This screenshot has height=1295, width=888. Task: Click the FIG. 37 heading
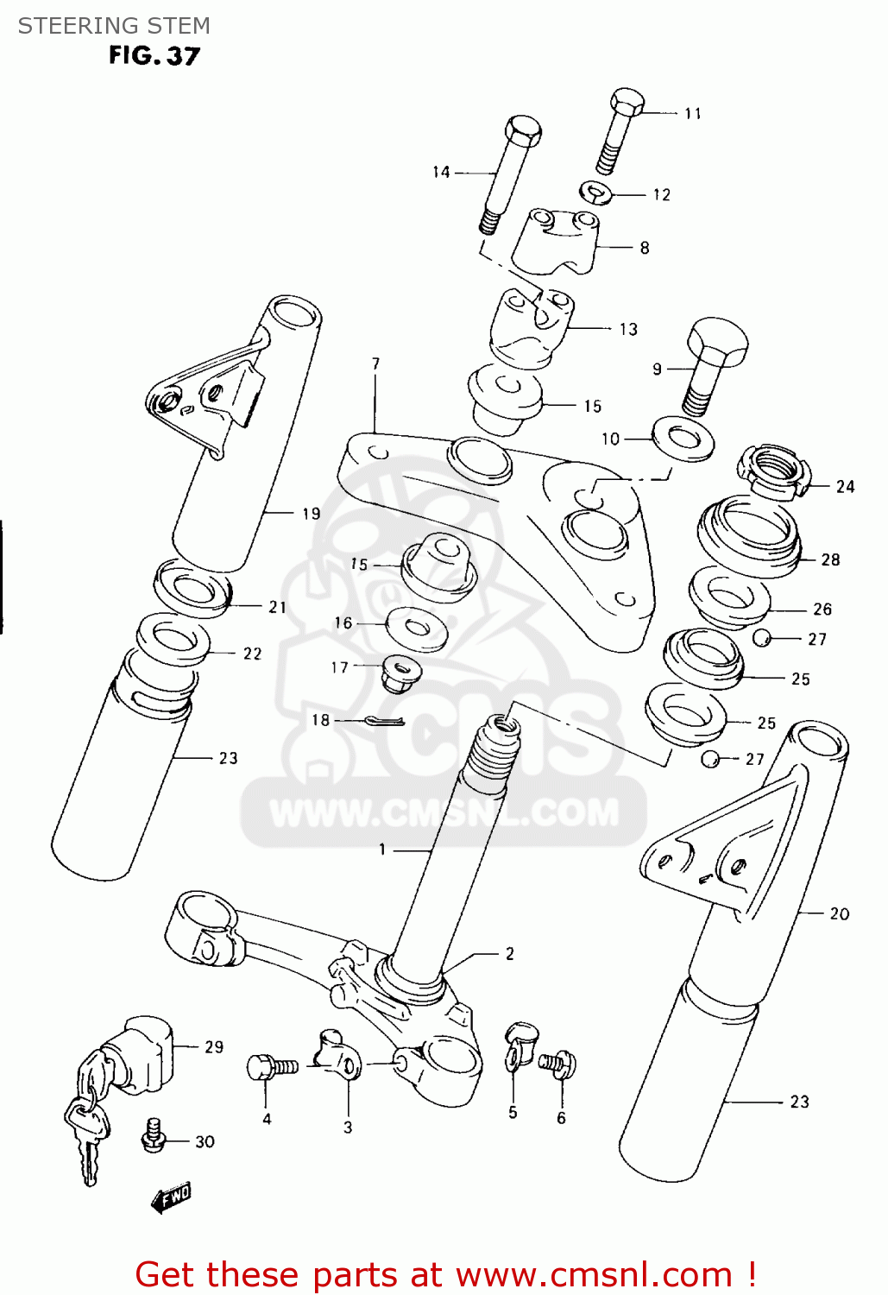[x=154, y=56]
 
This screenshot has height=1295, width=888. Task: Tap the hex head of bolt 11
[x=627, y=102]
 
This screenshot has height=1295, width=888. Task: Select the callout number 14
[x=441, y=173]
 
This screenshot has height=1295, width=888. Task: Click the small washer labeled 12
[x=595, y=193]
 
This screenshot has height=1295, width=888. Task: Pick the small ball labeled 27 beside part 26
[x=761, y=638]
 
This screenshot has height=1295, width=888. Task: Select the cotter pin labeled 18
[x=385, y=721]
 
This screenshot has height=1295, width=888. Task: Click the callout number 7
[x=375, y=364]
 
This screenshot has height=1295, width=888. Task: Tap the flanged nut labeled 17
[x=400, y=672]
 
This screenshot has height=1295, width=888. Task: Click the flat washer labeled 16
[x=416, y=628]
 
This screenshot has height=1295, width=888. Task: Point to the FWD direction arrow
[x=171, y=1197]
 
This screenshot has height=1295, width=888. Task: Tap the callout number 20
[x=839, y=914]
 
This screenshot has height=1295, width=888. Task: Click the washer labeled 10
[x=683, y=439]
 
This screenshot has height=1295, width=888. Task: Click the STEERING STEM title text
[x=114, y=26]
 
